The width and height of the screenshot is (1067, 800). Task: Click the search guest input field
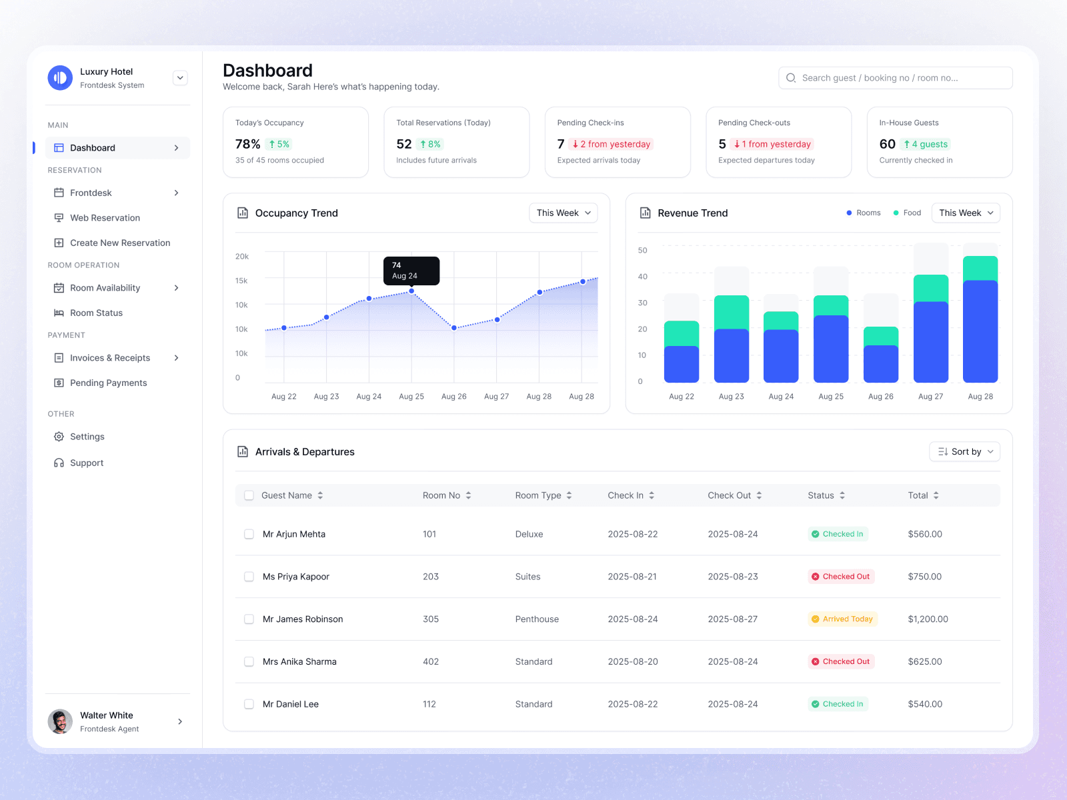(x=895, y=78)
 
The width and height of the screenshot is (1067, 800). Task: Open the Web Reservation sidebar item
(x=105, y=218)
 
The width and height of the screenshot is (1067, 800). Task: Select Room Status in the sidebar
(x=96, y=313)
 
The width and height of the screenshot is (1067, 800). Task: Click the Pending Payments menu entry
(x=108, y=383)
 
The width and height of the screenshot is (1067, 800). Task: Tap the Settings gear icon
(x=59, y=437)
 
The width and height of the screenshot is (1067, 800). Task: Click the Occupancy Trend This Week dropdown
(x=563, y=213)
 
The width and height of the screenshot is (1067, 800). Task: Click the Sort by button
(x=964, y=451)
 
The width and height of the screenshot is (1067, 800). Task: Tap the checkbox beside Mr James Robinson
(x=249, y=619)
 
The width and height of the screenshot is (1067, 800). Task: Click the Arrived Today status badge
(x=842, y=619)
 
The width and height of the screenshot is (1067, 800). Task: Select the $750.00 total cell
(x=924, y=577)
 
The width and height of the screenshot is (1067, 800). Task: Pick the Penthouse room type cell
(x=537, y=619)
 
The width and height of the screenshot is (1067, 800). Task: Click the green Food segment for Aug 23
(x=731, y=312)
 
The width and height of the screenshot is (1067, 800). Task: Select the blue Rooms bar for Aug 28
(x=980, y=331)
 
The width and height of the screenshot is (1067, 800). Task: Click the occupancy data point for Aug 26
(x=454, y=328)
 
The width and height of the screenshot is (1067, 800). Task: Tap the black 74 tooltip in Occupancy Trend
(x=411, y=271)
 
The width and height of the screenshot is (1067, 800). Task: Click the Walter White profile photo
(x=60, y=721)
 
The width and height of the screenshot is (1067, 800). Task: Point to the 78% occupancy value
(x=247, y=144)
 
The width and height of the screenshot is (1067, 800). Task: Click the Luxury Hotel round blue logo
(x=60, y=77)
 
